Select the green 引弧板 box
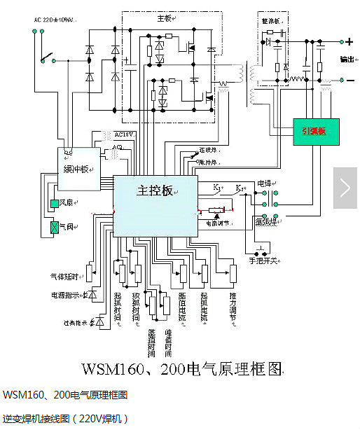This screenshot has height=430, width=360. pyautogui.click(x=315, y=130)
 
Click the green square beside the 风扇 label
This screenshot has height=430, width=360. pyautogui.click(x=54, y=204)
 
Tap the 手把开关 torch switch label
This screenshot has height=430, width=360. pyautogui.click(x=265, y=261)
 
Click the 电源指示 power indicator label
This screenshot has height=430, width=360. pyautogui.click(x=65, y=295)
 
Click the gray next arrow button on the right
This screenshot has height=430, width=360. pyautogui.click(x=345, y=186)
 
